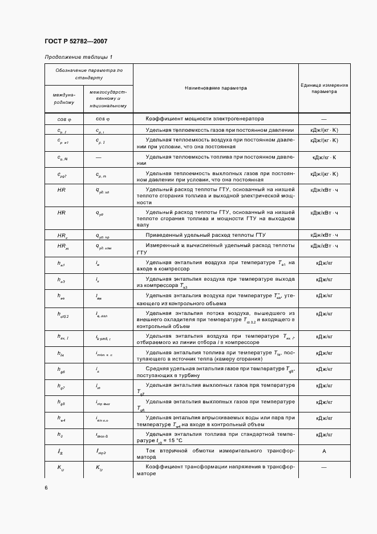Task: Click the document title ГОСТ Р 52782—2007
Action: pyautogui.click(x=75, y=42)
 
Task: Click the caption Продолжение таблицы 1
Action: pyautogui.click(x=78, y=57)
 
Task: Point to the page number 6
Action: pyautogui.click(x=46, y=488)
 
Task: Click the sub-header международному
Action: pyautogui.click(x=63, y=98)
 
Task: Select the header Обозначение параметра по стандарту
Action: pyautogui.click(x=88, y=73)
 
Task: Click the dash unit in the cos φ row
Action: pyautogui.click(x=324, y=119)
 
